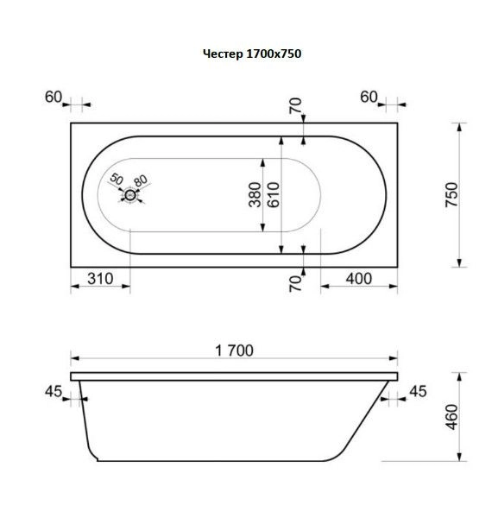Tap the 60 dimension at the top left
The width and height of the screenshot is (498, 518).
point(54,97)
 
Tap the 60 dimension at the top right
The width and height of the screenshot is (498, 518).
point(369,97)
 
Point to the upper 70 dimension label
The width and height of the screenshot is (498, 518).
point(294,107)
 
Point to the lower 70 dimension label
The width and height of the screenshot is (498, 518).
point(294,281)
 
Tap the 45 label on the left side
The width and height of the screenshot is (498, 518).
point(53,393)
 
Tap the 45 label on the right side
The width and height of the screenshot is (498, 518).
point(419,393)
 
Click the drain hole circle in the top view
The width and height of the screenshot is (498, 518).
point(130,195)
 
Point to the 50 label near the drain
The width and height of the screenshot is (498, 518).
point(117,180)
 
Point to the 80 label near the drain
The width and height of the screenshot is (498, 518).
point(142,180)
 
